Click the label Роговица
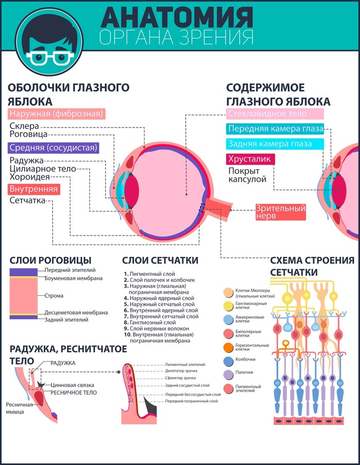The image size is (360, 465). (x=29, y=134)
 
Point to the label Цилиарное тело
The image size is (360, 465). (x=43, y=168)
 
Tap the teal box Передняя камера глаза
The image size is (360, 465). (x=276, y=129)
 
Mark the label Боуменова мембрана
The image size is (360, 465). (x=74, y=278)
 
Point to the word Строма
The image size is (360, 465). (x=54, y=296)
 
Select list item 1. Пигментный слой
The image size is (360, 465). (x=150, y=274)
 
